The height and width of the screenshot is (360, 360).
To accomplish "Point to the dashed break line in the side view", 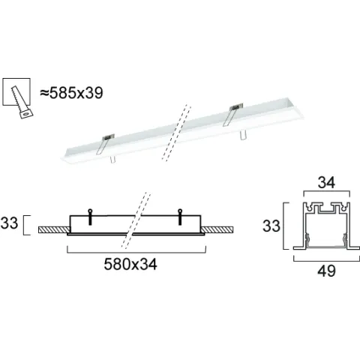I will pos(135,223).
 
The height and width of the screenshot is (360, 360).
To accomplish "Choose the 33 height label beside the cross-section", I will pos(273,224).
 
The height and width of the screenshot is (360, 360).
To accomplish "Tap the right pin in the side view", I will pos(179,215).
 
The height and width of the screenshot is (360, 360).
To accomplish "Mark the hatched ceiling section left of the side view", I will pos(53,229).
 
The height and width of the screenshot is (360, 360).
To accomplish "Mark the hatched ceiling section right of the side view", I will pos(217,229).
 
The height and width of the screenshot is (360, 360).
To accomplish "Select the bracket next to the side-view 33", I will pos(28,224).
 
